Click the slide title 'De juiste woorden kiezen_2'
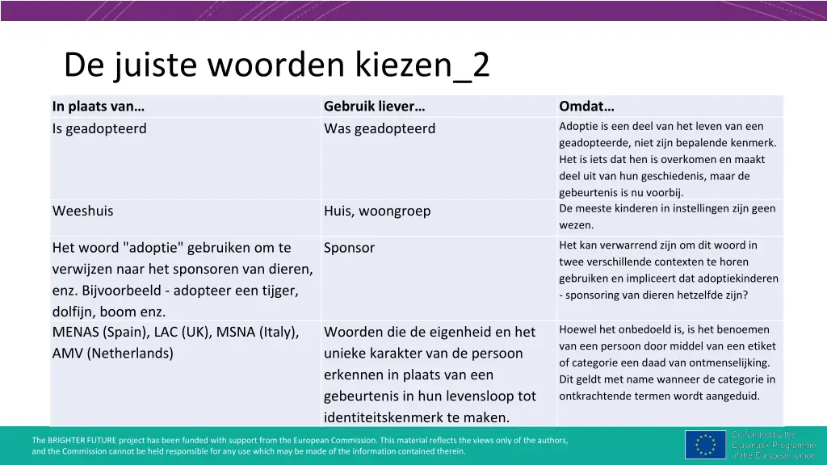(x=276, y=65)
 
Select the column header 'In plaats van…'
(x=99, y=107)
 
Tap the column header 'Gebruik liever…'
(x=374, y=107)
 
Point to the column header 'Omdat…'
(x=586, y=107)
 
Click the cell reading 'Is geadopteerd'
(x=99, y=128)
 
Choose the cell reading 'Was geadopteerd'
(x=380, y=128)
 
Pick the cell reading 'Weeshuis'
(x=83, y=211)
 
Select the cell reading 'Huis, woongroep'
(x=377, y=211)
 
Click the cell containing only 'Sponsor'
(x=349, y=248)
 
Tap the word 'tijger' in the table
(x=279, y=290)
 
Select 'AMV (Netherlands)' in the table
(x=112, y=353)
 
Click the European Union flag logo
(x=705, y=445)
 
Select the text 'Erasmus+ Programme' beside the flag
(x=774, y=445)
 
